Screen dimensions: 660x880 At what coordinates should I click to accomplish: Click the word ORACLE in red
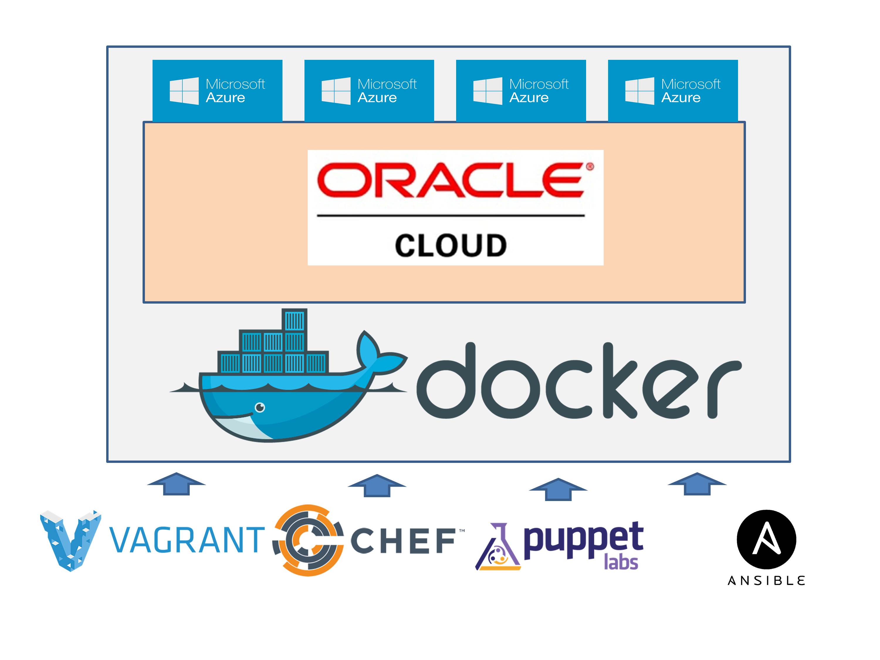451,180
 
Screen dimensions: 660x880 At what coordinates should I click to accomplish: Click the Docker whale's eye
260,407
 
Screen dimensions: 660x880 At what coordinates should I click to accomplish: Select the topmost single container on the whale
295,320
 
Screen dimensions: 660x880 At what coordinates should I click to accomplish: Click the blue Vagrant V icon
71,539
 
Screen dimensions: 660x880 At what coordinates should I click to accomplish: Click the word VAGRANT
187,540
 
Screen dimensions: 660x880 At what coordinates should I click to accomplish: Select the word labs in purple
621,562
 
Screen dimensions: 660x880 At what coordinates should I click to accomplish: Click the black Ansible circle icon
766,539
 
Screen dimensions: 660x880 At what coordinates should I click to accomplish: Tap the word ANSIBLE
766,581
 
